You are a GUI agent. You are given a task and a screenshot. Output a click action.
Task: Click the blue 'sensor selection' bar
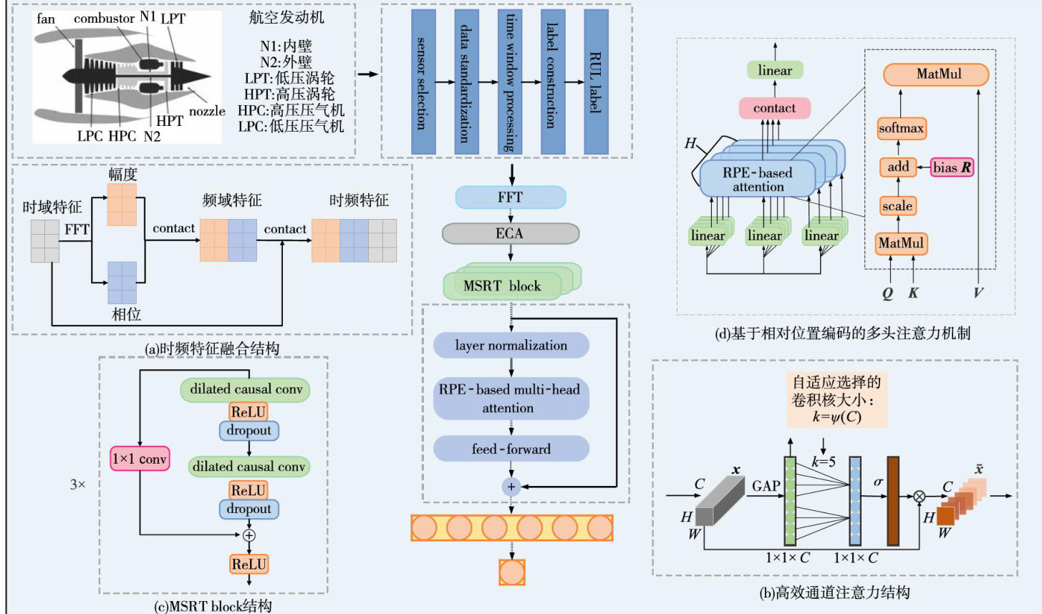click(423, 82)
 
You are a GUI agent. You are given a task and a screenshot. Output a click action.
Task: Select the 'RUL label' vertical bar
click(596, 82)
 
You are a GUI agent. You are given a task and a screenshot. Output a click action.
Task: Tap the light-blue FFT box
click(511, 198)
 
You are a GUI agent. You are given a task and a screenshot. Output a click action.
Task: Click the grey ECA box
click(510, 233)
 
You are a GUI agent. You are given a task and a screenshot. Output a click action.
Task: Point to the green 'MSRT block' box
click(503, 286)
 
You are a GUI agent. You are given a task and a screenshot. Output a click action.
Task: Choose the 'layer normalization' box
click(511, 346)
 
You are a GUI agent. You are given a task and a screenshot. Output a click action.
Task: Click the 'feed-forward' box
click(511, 449)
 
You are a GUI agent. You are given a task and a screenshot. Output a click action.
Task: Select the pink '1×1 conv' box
click(140, 459)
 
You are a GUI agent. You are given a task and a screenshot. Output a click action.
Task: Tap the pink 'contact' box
click(774, 108)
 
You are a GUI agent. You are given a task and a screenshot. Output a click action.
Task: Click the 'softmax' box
click(901, 129)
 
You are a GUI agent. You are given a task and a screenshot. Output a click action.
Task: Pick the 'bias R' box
click(952, 167)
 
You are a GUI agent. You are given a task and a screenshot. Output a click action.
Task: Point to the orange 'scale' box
click(897, 206)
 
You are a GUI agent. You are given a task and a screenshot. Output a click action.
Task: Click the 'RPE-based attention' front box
click(757, 180)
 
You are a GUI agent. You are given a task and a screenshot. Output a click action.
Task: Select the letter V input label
click(978, 292)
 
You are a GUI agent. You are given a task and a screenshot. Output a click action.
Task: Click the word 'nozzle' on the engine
click(207, 111)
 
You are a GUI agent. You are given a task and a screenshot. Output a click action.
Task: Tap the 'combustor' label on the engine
click(105, 19)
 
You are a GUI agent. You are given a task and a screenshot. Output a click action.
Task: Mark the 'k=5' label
click(824, 462)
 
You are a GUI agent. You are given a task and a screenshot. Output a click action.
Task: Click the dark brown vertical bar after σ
click(892, 500)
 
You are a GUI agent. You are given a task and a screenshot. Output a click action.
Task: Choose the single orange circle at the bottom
click(512, 572)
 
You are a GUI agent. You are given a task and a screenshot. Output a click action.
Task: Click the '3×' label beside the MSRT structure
click(77, 484)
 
